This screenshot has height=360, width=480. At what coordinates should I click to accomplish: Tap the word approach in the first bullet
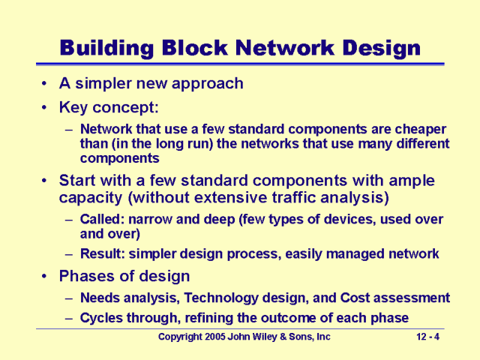click(x=211, y=83)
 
